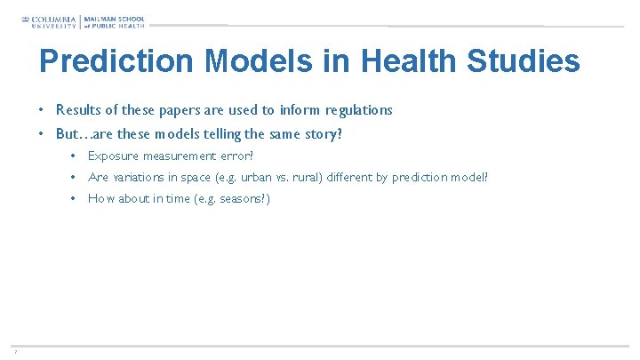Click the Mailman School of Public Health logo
pos(115,20)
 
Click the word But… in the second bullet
pos(73,134)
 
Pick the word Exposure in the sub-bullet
pos(113,156)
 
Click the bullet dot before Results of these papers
pos(42,110)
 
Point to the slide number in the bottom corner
pos(15,351)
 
